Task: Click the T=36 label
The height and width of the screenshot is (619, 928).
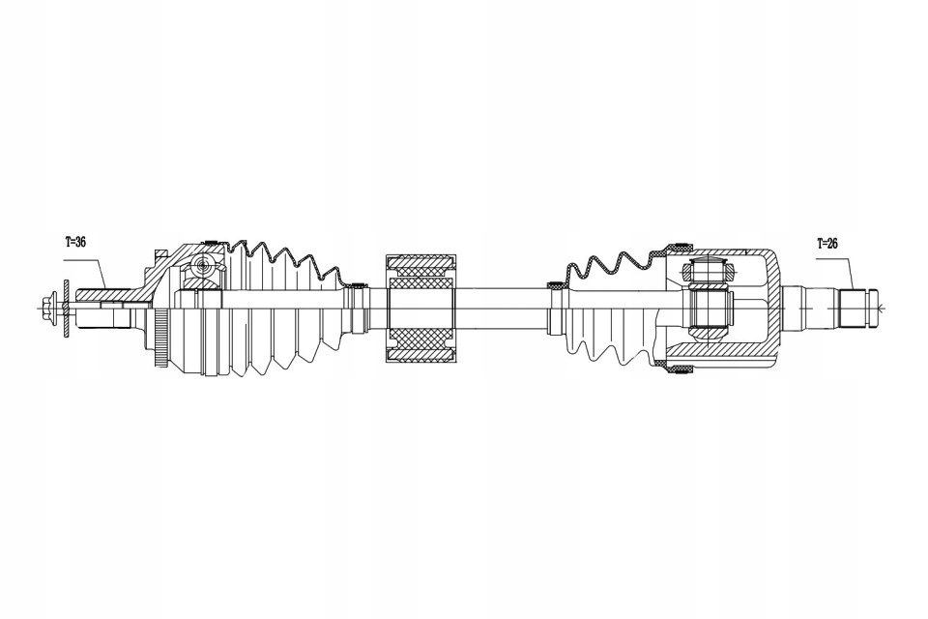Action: coord(75,242)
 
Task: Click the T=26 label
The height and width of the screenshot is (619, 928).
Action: coord(827,244)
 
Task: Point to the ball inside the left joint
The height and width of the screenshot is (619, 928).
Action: coord(202,265)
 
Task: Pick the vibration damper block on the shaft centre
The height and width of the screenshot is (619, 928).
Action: coord(420,309)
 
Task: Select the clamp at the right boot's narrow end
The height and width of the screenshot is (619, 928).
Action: coord(557,285)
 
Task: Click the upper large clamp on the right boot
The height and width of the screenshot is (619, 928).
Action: coord(680,242)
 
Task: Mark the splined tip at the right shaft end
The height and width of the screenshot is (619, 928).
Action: coord(860,309)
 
